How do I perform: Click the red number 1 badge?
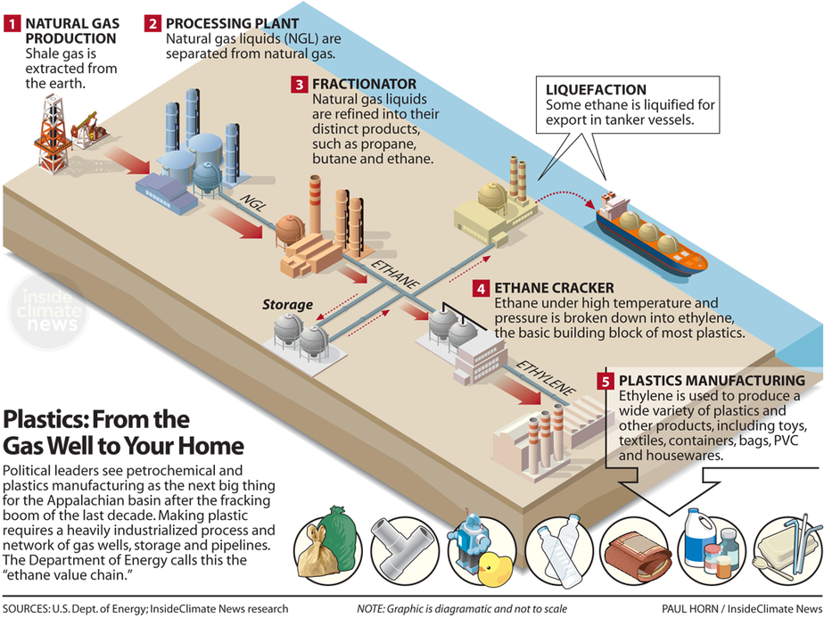click(x=12, y=24)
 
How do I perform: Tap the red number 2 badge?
click(x=152, y=24)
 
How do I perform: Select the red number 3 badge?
click(x=300, y=84)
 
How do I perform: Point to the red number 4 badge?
click(x=481, y=289)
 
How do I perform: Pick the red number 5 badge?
click(x=606, y=381)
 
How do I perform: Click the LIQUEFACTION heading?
click(x=597, y=90)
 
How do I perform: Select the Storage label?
click(x=287, y=305)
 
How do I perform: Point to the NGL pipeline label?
click(x=252, y=199)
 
